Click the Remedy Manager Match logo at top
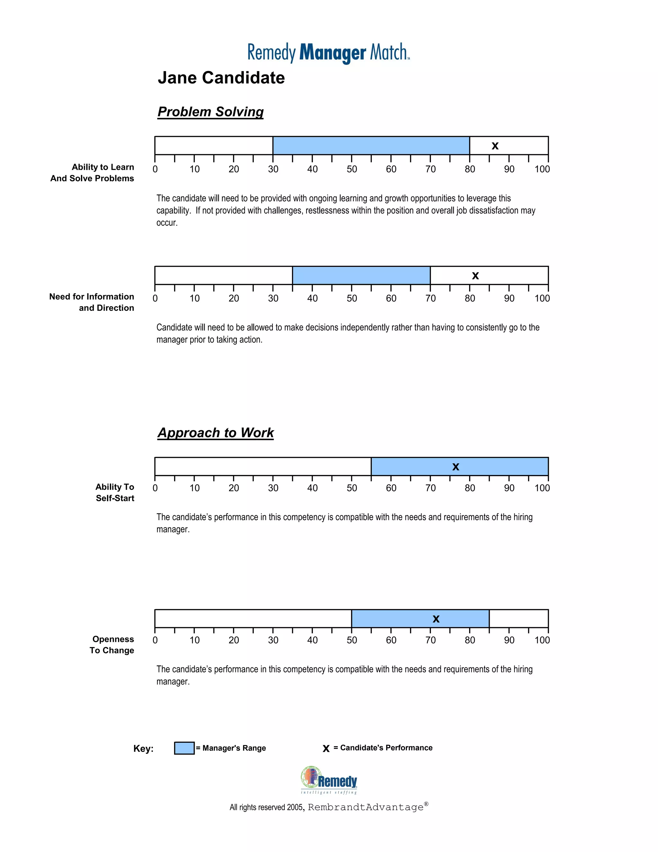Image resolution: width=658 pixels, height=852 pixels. pyautogui.click(x=329, y=53)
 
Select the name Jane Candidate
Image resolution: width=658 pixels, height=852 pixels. pyautogui.click(x=221, y=77)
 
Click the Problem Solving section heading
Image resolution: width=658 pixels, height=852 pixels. pyautogui.click(x=210, y=112)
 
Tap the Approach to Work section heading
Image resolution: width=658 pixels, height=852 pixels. pyautogui.click(x=216, y=433)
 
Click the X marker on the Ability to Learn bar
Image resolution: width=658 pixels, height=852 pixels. pyautogui.click(x=495, y=146)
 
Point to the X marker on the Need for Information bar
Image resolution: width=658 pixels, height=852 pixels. pyautogui.click(x=475, y=276)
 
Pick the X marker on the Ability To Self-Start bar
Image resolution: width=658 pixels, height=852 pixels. pyautogui.click(x=456, y=467)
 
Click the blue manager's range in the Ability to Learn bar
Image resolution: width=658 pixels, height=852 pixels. pyautogui.click(x=371, y=146)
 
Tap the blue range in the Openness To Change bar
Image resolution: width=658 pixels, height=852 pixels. pyautogui.click(x=394, y=619)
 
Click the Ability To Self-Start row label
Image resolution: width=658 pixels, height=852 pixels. pyautogui.click(x=115, y=492)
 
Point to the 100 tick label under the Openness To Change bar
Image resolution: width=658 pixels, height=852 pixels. pyautogui.click(x=542, y=640)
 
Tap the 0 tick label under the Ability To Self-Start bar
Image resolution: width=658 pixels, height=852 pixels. pyautogui.click(x=155, y=488)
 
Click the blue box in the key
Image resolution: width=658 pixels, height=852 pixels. pyautogui.click(x=184, y=748)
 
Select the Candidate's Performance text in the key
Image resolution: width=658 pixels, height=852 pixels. pyautogui.click(x=386, y=748)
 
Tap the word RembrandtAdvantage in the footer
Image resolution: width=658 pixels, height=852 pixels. pyautogui.click(x=366, y=807)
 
